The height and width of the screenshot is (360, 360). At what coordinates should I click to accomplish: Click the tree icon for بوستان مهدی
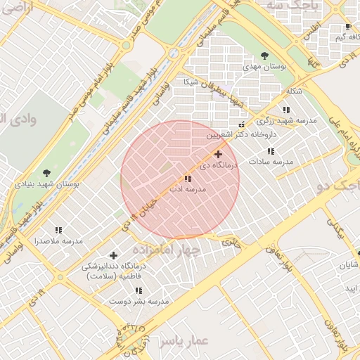coord(264,56)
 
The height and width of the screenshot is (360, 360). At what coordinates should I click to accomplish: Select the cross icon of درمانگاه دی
coord(219,154)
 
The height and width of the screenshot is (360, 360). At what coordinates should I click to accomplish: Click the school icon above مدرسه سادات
coord(270,151)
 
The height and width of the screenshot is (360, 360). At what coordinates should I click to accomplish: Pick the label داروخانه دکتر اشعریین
coord(241,134)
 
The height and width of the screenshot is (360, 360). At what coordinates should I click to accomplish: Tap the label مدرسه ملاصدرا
coord(58,240)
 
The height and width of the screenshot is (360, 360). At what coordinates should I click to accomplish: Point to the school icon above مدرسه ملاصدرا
coord(58,230)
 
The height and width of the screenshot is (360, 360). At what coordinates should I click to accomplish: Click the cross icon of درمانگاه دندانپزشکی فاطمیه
coord(113,255)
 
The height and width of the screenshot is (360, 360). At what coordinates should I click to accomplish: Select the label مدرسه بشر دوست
coord(139,301)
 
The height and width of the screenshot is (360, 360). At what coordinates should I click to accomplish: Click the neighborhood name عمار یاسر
coord(184,341)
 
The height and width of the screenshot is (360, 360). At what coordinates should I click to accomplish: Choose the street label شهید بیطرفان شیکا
coord(208,94)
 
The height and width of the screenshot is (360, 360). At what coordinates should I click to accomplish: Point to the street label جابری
coord(231,241)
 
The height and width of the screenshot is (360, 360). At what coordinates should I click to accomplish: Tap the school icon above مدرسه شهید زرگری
coord(286,110)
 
